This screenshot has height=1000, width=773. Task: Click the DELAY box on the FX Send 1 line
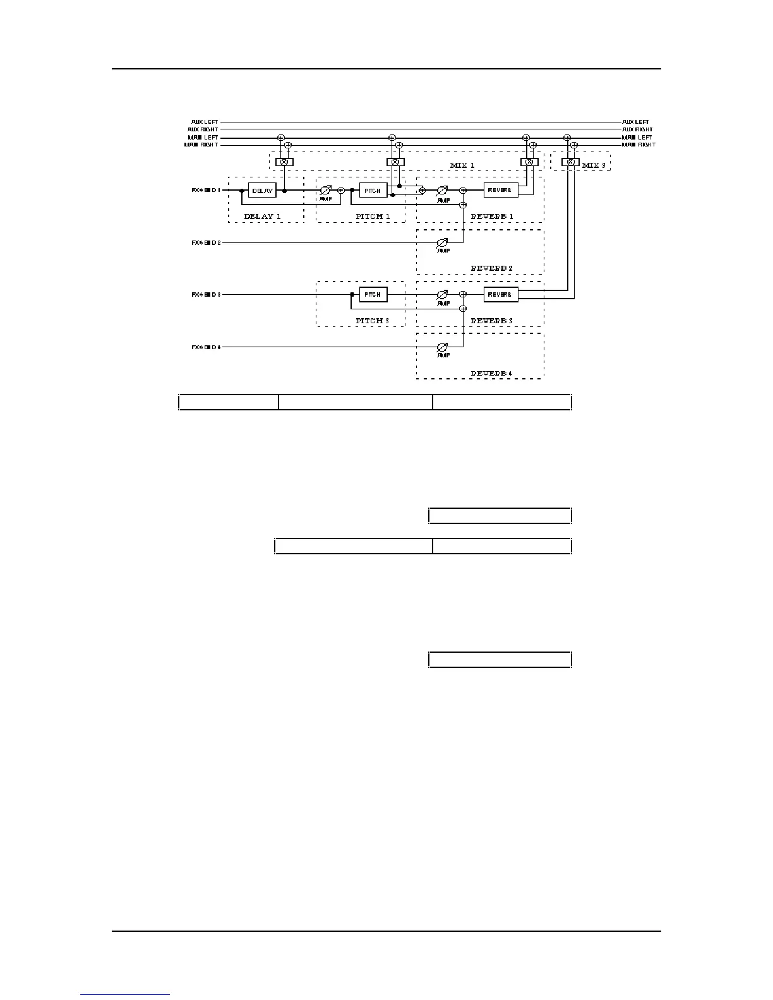point(262,190)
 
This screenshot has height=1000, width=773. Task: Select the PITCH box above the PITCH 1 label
point(373,190)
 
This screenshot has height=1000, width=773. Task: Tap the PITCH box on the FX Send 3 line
point(373,294)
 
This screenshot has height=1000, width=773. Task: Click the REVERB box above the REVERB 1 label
point(501,190)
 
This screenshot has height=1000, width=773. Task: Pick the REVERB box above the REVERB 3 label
point(501,294)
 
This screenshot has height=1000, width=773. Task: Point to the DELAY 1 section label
point(262,217)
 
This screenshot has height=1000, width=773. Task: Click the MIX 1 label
point(462,165)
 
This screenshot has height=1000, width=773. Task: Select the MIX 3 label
point(594,165)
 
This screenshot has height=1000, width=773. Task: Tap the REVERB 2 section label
point(492,268)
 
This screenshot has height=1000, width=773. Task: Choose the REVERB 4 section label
point(492,373)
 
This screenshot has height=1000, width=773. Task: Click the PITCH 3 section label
point(373,321)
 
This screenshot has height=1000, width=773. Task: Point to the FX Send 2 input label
point(207,242)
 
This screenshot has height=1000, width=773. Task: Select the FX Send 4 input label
point(207,347)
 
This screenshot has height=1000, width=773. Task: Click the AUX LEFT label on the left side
point(205,122)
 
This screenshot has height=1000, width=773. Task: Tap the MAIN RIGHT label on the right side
point(638,145)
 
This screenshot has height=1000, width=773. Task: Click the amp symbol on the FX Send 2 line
point(443,242)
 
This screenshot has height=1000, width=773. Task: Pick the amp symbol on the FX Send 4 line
point(443,347)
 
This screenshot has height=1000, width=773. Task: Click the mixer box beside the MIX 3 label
point(570,162)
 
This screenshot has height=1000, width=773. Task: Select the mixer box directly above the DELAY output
point(284,162)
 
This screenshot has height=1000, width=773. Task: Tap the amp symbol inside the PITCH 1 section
point(326,190)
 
